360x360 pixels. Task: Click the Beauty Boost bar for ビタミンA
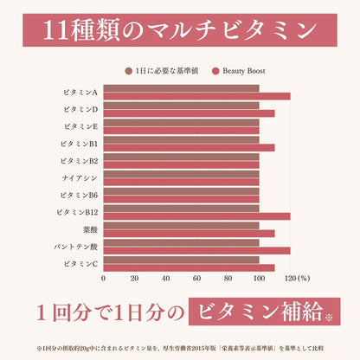pos(196,96)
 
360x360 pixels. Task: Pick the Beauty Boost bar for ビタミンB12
pos(196,216)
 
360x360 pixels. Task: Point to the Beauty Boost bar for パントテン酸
pos(196,250)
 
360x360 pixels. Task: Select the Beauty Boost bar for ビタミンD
pos(189,113)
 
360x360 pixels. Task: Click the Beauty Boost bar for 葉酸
pos(189,233)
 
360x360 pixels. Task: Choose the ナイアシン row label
pos(80,177)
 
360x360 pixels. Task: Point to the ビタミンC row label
pos(80,263)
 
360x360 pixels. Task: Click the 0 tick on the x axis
pos(104,279)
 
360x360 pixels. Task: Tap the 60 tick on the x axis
pos(196,279)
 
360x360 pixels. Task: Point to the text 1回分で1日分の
pos(111,310)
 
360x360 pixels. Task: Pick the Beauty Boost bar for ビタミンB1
pos(189,147)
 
